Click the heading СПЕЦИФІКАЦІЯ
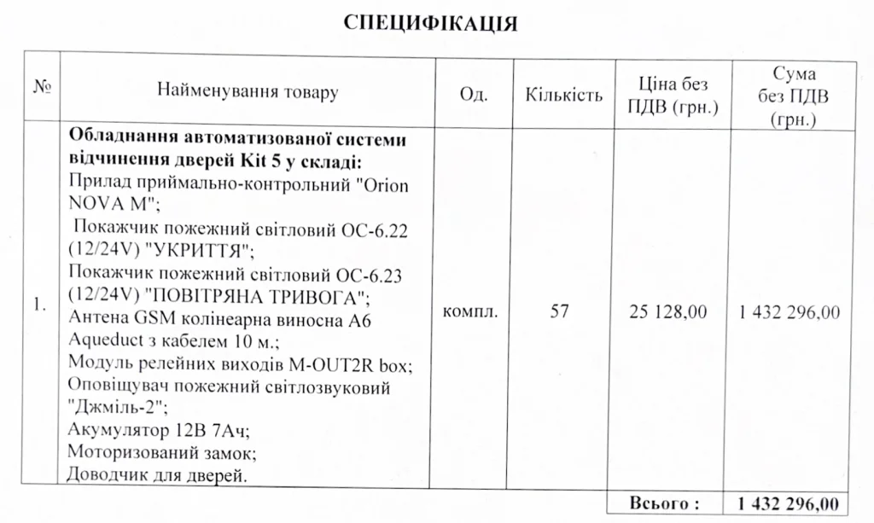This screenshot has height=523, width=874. click(x=430, y=23)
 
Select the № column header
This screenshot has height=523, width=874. click(x=41, y=89)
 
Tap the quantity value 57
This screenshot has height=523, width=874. click(x=560, y=311)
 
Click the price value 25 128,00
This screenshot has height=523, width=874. click(x=668, y=312)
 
